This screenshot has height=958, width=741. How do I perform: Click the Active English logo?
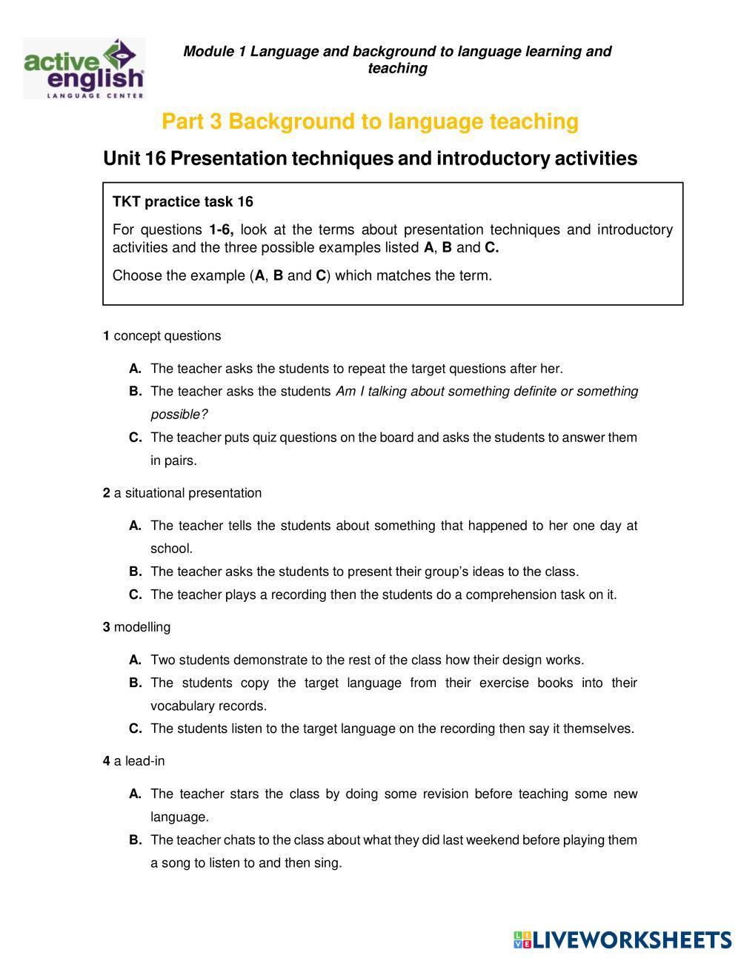[84, 69]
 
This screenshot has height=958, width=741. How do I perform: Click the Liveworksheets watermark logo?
[622, 939]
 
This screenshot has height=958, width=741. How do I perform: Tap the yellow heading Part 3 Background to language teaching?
[370, 121]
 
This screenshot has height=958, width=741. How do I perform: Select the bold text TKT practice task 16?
[182, 202]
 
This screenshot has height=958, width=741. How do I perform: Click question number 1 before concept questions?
[106, 336]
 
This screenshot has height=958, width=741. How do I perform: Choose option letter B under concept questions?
[135, 392]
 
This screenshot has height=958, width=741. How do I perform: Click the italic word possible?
[179, 415]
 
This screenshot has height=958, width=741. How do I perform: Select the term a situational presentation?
[187, 493]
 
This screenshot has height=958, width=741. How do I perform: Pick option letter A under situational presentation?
[135, 526]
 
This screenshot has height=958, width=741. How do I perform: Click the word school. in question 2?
[171, 549]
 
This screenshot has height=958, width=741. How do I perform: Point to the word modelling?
[142, 627]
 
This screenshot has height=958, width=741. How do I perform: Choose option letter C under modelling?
[135, 728]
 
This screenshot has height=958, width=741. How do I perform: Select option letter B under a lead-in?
[135, 840]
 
